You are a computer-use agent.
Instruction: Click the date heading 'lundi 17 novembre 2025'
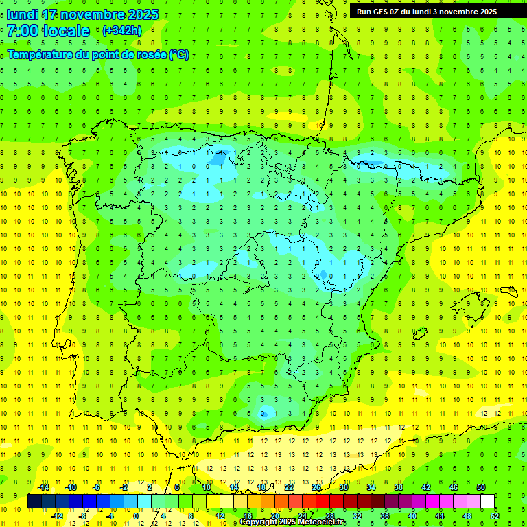click(x=82, y=14)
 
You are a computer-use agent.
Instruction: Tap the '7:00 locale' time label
click(x=48, y=31)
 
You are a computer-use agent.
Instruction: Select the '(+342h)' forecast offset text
click(x=121, y=31)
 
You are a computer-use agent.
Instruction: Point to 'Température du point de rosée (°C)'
click(x=97, y=55)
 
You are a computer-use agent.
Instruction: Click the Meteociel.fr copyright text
click(x=293, y=522)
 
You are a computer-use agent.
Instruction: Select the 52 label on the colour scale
click(x=495, y=516)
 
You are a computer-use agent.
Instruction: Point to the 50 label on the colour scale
click(x=481, y=487)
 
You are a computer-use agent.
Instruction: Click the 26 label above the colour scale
click(x=316, y=487)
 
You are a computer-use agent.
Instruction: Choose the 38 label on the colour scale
click(x=399, y=487)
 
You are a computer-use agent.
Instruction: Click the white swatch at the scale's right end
click(x=487, y=502)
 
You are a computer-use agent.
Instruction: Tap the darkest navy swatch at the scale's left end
click(x=34, y=502)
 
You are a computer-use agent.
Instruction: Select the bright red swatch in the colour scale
click(x=323, y=502)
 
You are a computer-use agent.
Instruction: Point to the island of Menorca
click(x=508, y=291)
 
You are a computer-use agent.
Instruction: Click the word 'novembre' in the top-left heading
click(x=86, y=14)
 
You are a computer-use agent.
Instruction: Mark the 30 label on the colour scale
click(x=344, y=487)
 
